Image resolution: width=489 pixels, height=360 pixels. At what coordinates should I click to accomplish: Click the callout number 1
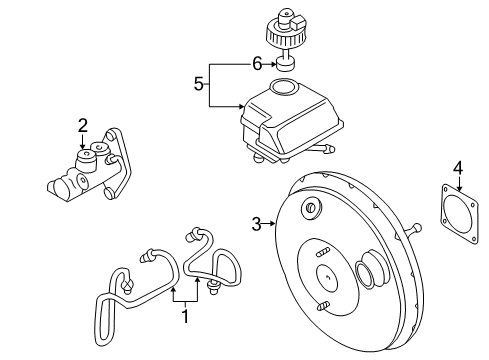click(185, 316)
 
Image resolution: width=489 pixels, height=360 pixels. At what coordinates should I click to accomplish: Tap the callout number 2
click(83, 125)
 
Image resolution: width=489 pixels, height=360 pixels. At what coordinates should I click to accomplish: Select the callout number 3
click(256, 224)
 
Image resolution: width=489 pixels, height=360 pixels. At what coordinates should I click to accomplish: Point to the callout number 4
click(458, 168)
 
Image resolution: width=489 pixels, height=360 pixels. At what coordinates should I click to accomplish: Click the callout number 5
click(199, 84)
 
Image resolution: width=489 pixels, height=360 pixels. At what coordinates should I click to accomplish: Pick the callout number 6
click(257, 64)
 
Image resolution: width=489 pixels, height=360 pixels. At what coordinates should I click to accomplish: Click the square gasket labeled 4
click(459, 214)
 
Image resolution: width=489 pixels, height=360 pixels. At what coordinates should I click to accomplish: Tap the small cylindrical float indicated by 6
click(286, 64)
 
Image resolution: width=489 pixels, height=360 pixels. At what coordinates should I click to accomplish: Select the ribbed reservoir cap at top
click(285, 31)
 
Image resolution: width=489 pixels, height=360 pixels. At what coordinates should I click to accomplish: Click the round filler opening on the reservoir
click(283, 86)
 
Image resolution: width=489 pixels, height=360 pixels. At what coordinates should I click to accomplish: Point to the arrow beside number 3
click(268, 224)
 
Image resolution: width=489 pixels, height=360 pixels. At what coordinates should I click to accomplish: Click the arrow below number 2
click(82, 141)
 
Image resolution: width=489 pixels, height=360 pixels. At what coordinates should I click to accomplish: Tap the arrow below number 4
click(459, 183)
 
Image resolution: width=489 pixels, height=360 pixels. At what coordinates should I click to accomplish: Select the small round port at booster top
click(311, 209)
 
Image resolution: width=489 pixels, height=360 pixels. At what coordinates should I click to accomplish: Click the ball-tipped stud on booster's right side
click(414, 230)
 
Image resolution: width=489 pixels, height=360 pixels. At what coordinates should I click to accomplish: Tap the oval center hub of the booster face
click(327, 277)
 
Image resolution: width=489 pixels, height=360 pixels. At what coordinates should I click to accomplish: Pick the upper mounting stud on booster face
click(323, 252)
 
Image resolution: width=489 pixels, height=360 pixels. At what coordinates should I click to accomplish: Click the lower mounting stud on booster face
click(323, 305)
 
